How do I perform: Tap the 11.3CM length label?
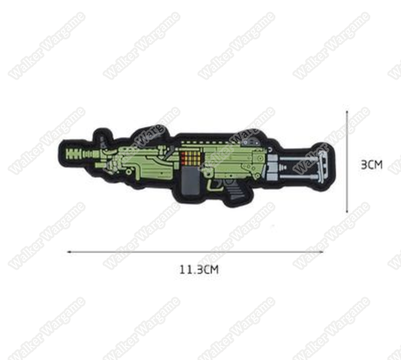(x=199, y=270)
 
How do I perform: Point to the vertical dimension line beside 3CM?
(x=347, y=161)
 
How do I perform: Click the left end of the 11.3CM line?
(x=69, y=252)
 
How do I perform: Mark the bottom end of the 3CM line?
(x=347, y=212)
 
